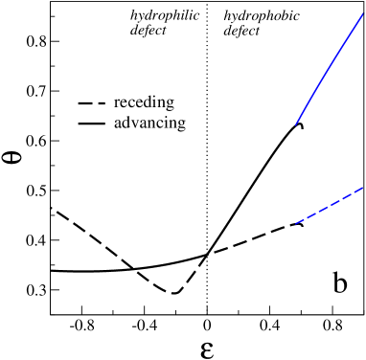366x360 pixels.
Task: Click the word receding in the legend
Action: pyautogui.click(x=144, y=102)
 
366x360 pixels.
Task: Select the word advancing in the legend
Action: pyautogui.click(x=149, y=124)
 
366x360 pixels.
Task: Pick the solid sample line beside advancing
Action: pyautogui.click(x=91, y=124)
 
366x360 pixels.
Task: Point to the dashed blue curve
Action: pyautogui.click(x=331, y=206)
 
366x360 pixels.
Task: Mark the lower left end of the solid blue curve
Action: pyautogui.click(x=297, y=124)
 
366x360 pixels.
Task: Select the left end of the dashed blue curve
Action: pyautogui.click(x=297, y=223)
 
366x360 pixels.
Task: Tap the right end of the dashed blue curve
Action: pyautogui.click(x=363, y=188)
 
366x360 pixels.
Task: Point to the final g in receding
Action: pyautogui.click(x=170, y=104)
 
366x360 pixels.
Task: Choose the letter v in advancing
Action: pyautogui.click(x=134, y=124)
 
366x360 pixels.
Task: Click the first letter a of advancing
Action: pyautogui.click(x=117, y=124)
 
